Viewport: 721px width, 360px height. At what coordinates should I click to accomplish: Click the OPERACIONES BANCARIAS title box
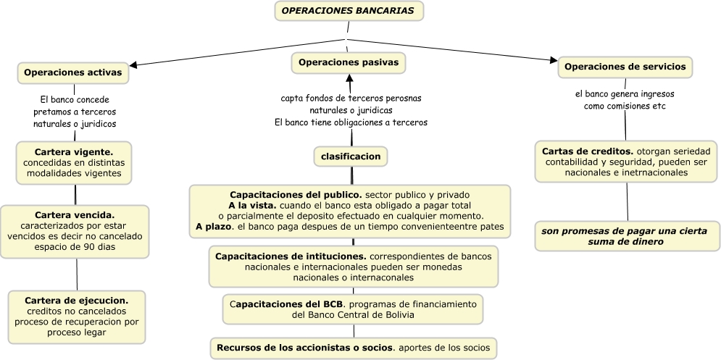(x=348, y=12)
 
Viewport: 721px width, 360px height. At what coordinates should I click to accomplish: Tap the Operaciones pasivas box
(x=349, y=63)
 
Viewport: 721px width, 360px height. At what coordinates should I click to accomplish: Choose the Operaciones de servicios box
(x=625, y=67)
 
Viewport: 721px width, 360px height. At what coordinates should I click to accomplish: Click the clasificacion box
(x=351, y=156)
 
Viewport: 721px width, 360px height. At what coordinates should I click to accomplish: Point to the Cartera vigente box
(x=74, y=163)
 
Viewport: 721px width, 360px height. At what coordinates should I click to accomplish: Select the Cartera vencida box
(x=75, y=231)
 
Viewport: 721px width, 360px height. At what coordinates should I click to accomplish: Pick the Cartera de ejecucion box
(x=76, y=316)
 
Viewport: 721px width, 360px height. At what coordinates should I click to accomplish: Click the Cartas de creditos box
(x=626, y=162)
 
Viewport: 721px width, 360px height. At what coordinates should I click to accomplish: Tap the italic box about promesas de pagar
(x=628, y=236)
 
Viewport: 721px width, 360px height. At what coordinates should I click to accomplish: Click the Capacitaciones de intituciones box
(x=354, y=267)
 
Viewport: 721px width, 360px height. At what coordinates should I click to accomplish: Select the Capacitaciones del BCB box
(x=353, y=309)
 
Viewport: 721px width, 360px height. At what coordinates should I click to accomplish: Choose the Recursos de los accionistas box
(x=354, y=348)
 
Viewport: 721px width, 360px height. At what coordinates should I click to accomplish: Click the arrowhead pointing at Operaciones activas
(x=134, y=65)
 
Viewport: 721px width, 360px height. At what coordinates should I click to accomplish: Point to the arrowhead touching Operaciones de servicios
(x=554, y=60)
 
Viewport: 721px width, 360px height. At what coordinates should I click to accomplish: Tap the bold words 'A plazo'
(x=212, y=227)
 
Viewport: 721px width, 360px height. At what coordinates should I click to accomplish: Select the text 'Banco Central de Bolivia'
(x=353, y=315)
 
